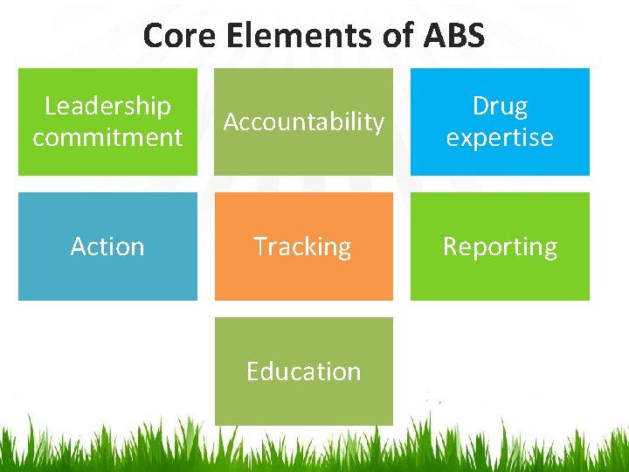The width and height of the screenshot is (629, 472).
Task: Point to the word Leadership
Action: (x=107, y=106)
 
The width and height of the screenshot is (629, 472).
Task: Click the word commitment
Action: (x=107, y=137)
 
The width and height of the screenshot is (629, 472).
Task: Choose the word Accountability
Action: (x=304, y=122)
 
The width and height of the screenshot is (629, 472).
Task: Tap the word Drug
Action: (x=500, y=106)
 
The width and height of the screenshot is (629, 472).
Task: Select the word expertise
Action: (x=500, y=137)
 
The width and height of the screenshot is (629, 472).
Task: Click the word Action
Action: (x=107, y=246)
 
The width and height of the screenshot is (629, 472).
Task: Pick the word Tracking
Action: (x=302, y=246)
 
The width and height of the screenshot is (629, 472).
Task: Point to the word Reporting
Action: (x=500, y=246)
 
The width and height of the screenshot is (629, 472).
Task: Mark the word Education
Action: (x=303, y=371)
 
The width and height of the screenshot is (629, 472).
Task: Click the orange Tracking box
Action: (x=304, y=275)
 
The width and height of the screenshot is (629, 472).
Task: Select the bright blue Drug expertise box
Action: (x=500, y=162)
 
